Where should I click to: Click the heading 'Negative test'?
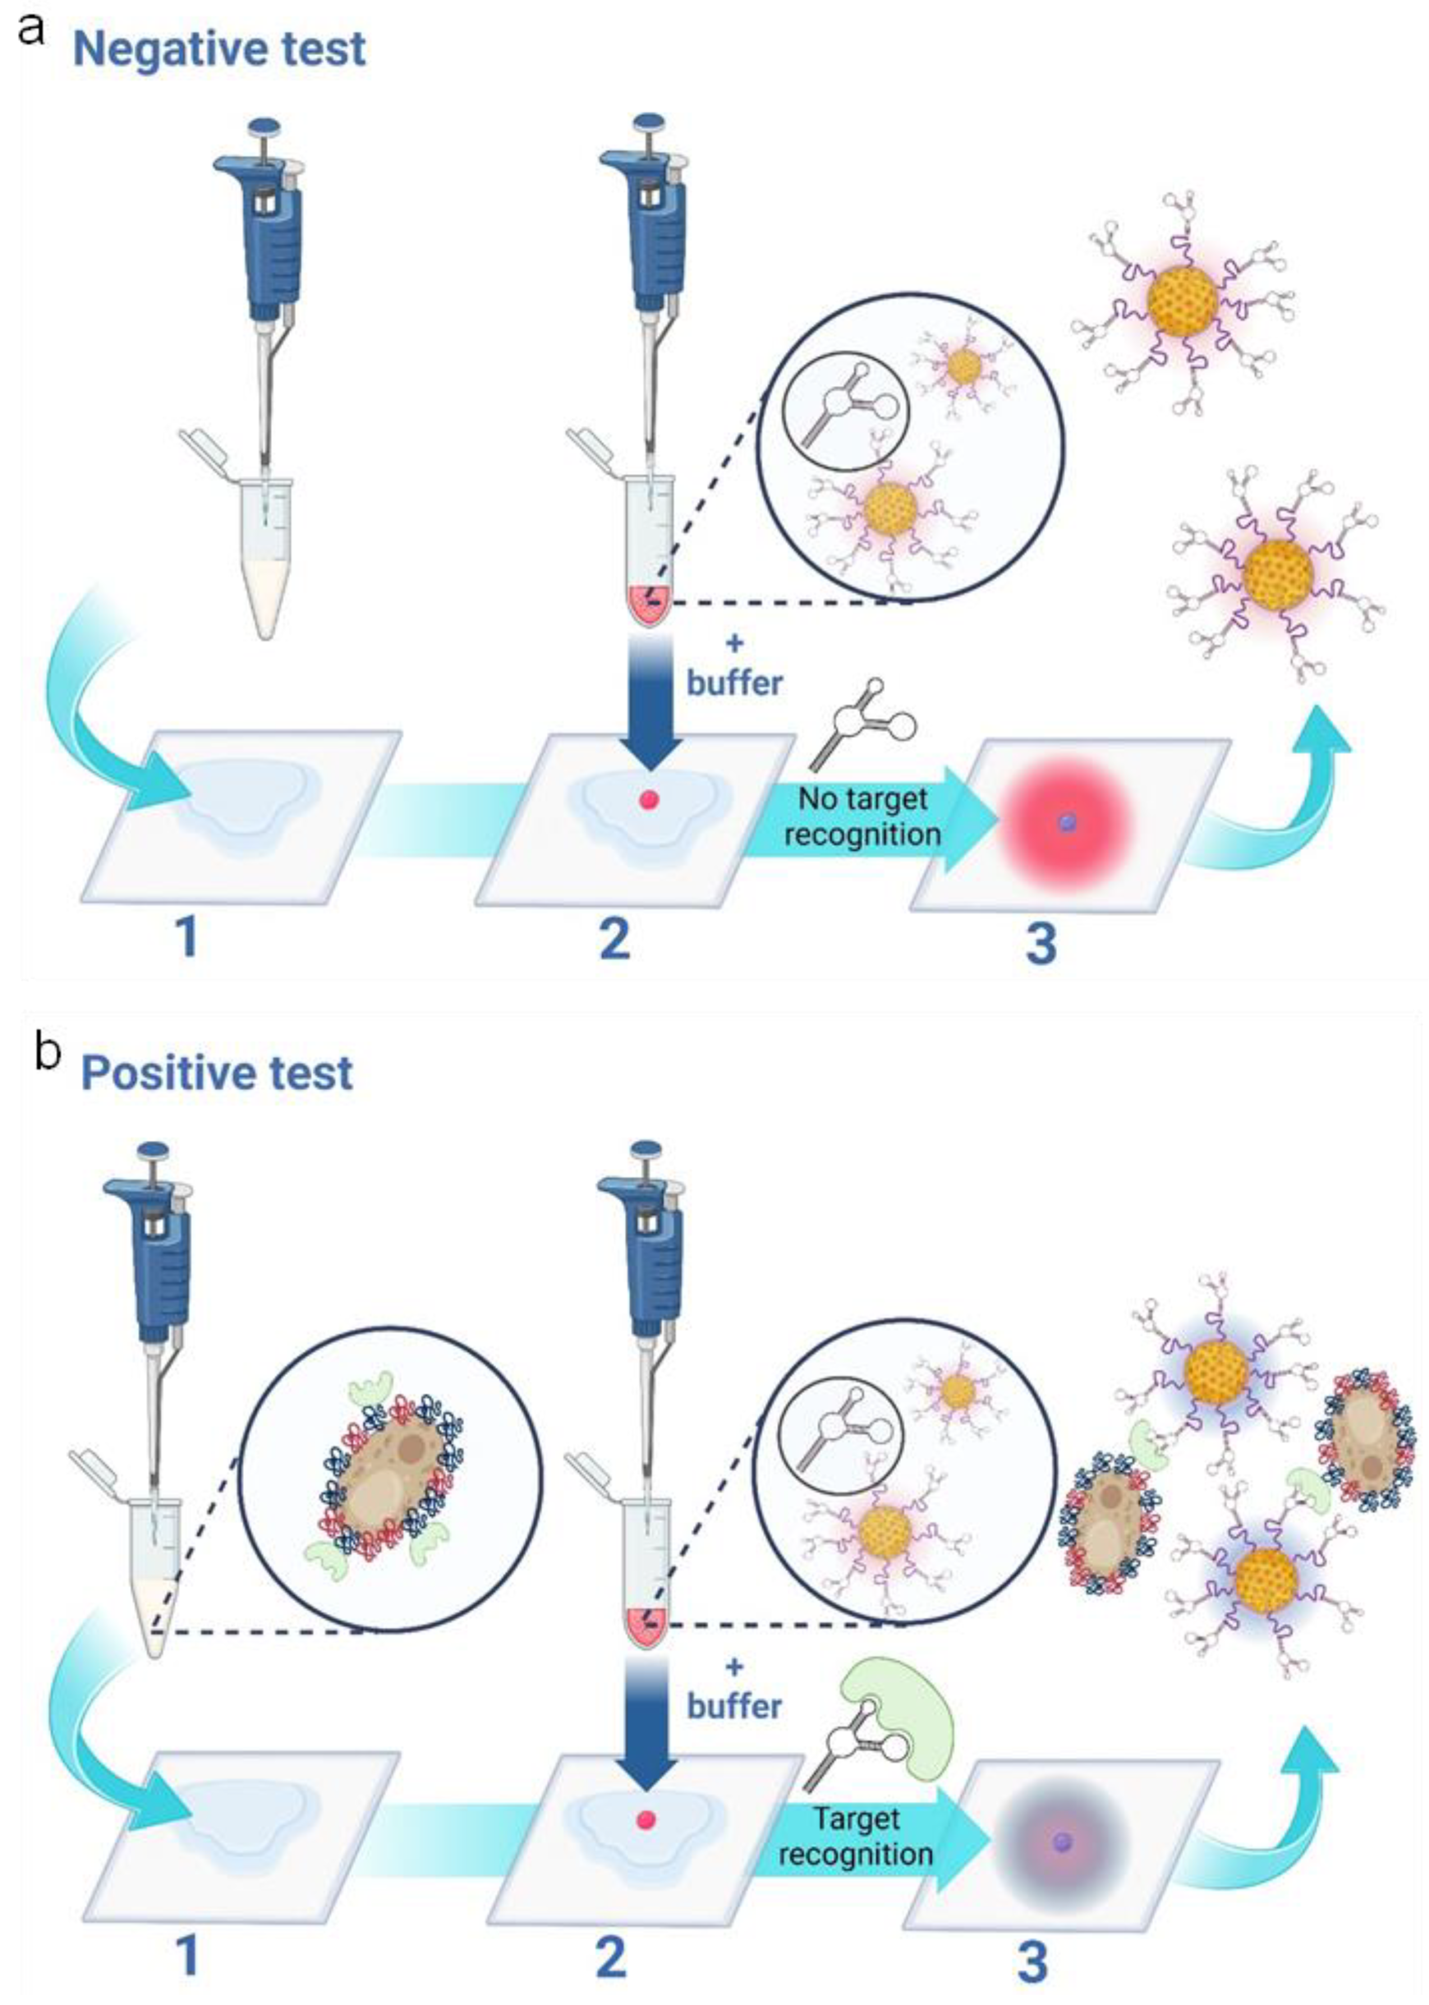pos(219,50)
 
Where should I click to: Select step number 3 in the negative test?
pos(1041,944)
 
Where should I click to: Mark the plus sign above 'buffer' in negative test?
pos(735,644)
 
